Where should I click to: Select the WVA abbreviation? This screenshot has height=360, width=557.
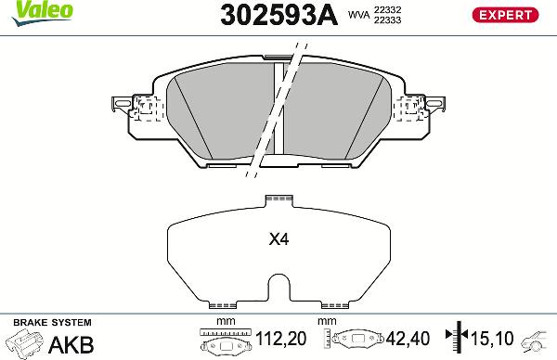(357, 15)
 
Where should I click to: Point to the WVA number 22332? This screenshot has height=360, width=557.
(387, 8)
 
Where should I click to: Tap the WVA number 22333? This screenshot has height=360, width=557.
(387, 20)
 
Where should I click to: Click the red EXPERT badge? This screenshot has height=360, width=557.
(507, 14)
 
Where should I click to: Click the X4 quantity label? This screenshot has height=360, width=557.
(278, 239)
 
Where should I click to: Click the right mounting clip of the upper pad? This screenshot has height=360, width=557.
(423, 108)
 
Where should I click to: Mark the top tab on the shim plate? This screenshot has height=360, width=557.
(278, 198)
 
